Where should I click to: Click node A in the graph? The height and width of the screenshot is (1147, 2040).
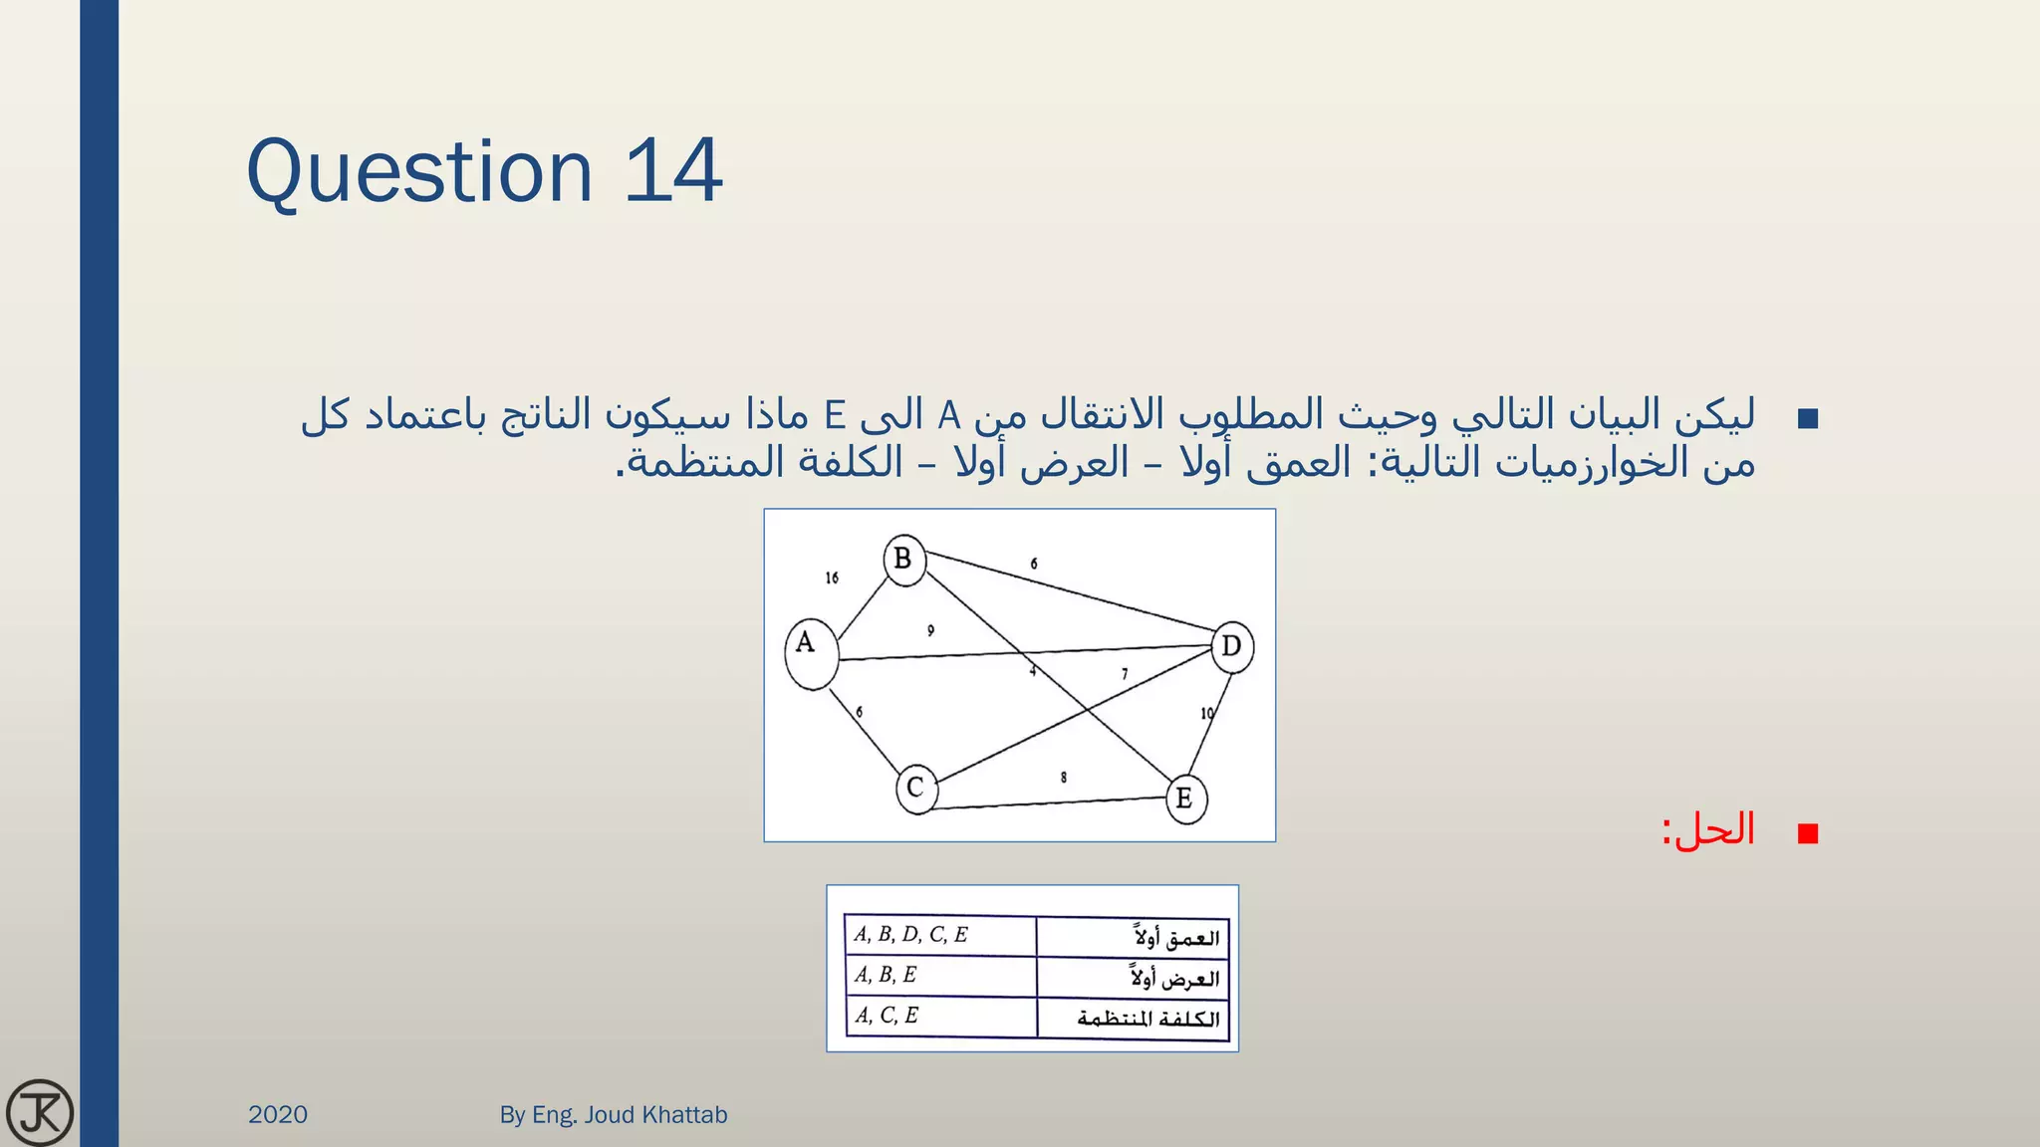(810, 652)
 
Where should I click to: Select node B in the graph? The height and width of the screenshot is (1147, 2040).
(903, 560)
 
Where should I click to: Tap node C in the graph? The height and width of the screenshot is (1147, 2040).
(915, 789)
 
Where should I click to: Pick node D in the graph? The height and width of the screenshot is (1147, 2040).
(1231, 647)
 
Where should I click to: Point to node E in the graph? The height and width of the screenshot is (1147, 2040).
(1184, 799)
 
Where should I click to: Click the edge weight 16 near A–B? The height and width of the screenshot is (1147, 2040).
(832, 577)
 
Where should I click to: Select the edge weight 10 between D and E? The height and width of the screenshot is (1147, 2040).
(1207, 713)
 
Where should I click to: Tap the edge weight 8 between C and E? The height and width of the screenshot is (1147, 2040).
(1064, 777)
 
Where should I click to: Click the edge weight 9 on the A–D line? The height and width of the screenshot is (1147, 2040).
(930, 630)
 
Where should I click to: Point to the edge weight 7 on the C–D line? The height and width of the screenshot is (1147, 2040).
(1125, 674)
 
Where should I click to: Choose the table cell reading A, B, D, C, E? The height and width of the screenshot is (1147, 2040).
(939, 936)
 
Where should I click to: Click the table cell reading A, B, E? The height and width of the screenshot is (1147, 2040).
(939, 976)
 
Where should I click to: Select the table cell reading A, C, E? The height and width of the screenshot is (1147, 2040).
(939, 1017)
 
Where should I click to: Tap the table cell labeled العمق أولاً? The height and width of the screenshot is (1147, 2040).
(1133, 937)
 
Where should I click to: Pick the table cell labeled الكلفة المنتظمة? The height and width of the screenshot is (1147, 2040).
(1133, 1019)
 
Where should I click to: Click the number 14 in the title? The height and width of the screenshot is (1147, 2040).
(673, 171)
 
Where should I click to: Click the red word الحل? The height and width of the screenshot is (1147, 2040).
(1715, 829)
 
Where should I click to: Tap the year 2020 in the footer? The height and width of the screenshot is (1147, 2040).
(278, 1114)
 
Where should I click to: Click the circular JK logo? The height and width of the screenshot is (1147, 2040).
(40, 1112)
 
